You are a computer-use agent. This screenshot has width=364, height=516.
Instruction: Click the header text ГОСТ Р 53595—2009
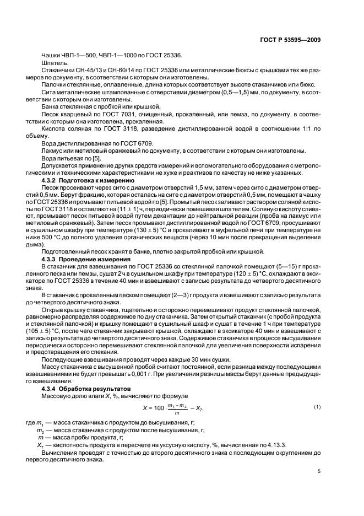pos(290,40)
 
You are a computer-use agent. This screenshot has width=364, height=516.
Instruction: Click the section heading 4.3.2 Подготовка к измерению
pos(88,180)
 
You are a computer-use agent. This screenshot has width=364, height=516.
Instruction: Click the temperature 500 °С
pos(68,237)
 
